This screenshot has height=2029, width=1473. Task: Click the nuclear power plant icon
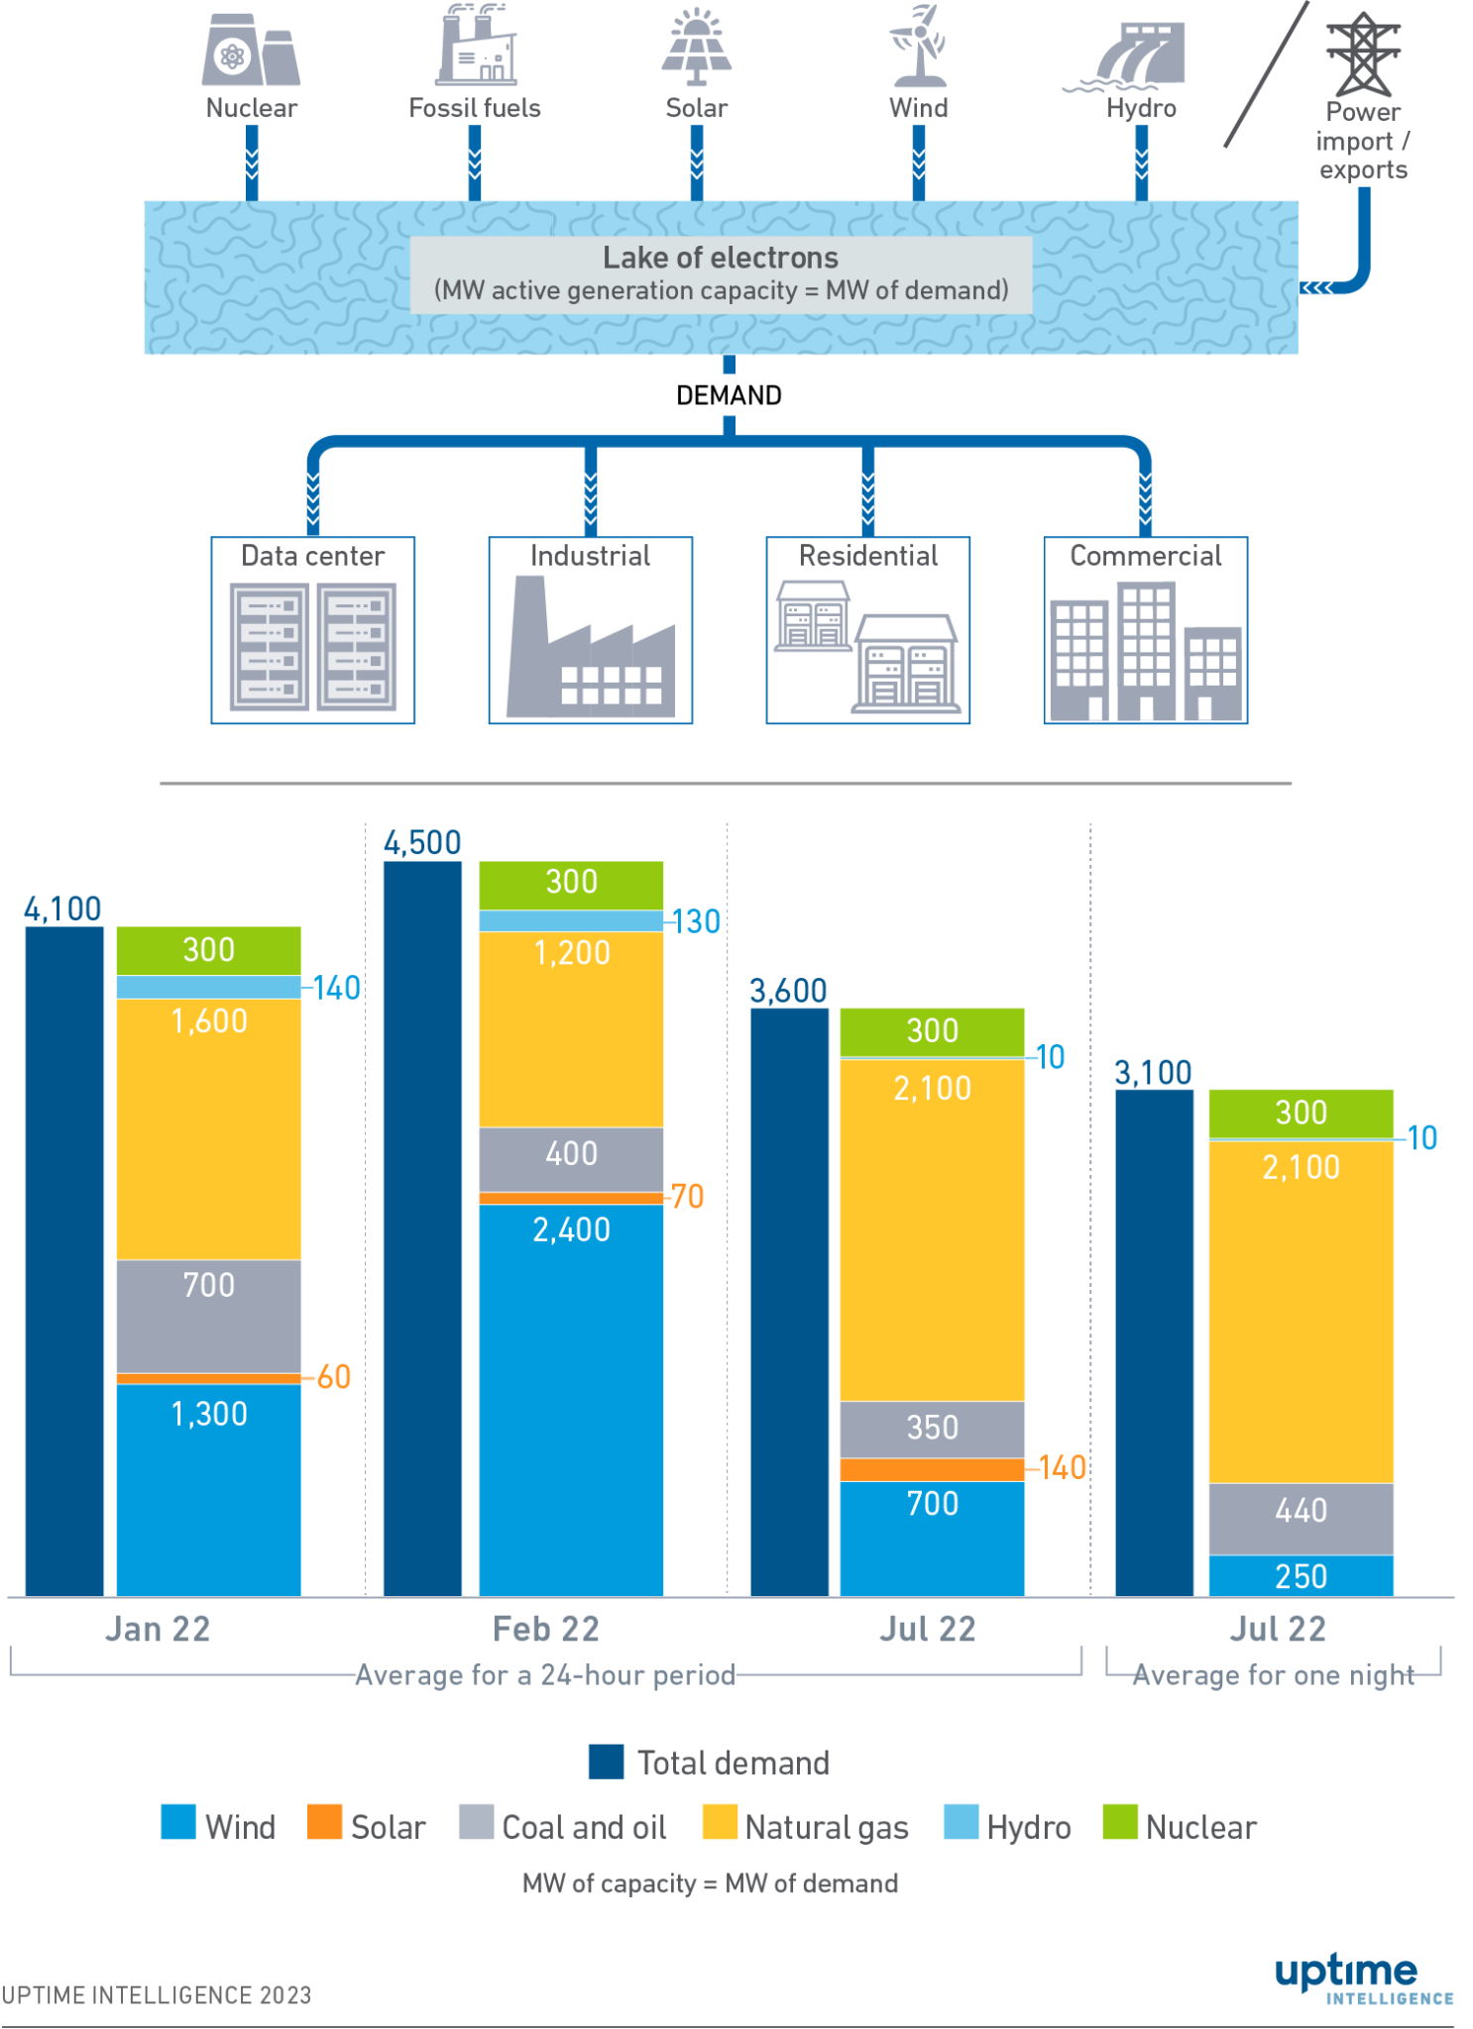251,52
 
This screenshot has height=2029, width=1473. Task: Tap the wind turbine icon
919,46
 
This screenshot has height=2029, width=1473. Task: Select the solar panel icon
697,48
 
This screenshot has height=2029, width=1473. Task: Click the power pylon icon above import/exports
1363,53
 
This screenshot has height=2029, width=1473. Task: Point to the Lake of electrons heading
721,258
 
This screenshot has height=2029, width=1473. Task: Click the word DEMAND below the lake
729,395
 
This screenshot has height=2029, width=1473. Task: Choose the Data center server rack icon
312,647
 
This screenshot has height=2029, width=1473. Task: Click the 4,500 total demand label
422,843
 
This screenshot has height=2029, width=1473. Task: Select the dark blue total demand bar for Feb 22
422,1228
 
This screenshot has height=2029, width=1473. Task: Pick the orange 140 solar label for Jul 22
1063,1467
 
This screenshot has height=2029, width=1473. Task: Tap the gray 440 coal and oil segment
1301,1518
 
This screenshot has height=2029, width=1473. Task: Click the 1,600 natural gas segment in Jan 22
209,1129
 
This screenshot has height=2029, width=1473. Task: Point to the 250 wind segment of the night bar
1301,1575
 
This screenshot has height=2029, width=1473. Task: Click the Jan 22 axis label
158,1630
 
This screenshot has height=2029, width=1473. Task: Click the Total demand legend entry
710,1762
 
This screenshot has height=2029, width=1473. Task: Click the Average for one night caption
1273,1675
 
